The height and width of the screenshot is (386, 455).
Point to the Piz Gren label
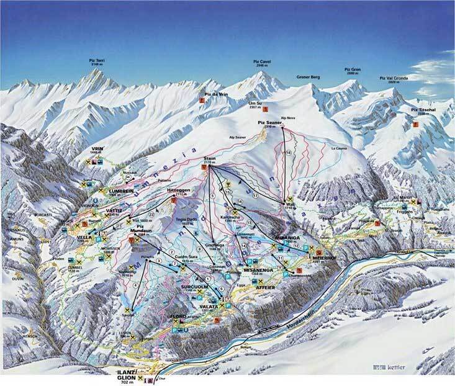pos(353,70)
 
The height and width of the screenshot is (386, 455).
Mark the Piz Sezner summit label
pos(270,123)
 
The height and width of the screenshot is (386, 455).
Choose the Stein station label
pos(209,160)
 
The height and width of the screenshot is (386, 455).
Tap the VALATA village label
pos(209,306)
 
